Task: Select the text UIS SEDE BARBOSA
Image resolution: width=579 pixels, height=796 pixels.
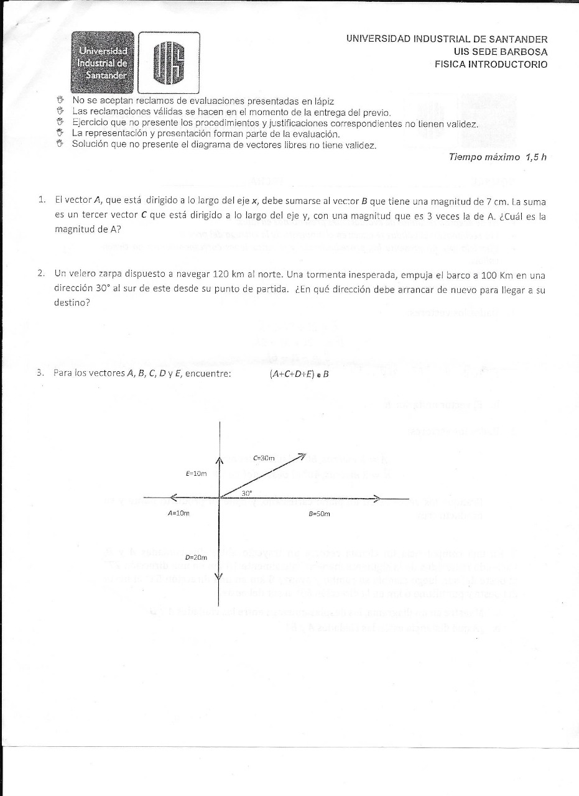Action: [501, 52]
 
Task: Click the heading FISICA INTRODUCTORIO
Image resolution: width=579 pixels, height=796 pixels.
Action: [491, 64]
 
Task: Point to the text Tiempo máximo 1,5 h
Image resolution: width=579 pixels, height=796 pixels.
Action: [498, 157]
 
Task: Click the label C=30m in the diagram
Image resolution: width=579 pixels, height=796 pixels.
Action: [264, 458]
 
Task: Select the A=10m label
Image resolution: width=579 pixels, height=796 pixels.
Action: [178, 514]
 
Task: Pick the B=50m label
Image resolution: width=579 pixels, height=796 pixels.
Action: [319, 514]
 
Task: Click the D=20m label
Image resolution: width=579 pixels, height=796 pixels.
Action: [196, 557]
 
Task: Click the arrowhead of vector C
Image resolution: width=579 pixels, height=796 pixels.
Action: [302, 456]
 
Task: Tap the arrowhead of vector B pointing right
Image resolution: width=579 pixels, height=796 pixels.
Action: [377, 497]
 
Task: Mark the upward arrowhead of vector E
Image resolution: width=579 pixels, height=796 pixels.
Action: [220, 460]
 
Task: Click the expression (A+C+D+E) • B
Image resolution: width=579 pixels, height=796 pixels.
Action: [299, 374]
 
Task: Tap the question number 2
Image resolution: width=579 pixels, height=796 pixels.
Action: [41, 273]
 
